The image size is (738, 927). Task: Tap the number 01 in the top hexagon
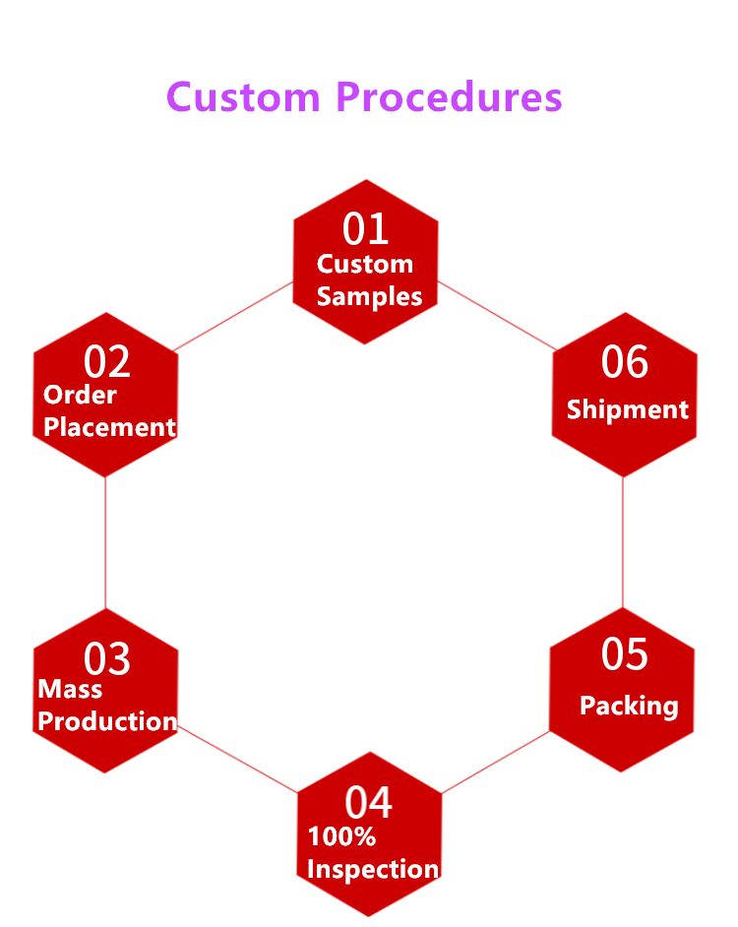pos(365,228)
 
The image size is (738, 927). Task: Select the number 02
pos(106,362)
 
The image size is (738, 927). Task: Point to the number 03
pos(106,659)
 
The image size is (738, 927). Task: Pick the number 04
pos(369,803)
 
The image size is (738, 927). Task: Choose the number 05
pos(624,654)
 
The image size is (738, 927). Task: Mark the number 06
pos(625,362)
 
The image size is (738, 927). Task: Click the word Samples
pos(369,296)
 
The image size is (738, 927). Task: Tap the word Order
pos(80,395)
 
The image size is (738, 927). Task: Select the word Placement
pos(109,427)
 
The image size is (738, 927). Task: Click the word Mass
pos(70,689)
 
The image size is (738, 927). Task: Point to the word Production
pos(107,721)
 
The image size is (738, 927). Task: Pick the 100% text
pos(341,837)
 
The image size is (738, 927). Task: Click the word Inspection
pos(372,870)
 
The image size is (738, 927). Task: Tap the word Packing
pos(629,706)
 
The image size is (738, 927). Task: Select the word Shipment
pos(627,409)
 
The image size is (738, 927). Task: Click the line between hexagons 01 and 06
pos(497,317)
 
